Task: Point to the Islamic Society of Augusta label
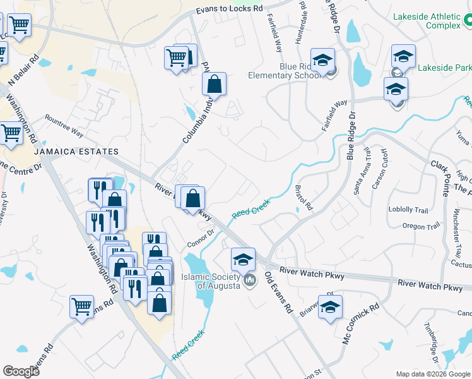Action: coord(210,280)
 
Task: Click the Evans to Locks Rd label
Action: coord(229,9)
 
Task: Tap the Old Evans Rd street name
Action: coord(278,292)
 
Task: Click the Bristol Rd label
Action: coord(304,198)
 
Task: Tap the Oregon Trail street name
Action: coord(422,227)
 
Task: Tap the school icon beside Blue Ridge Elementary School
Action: coord(322,61)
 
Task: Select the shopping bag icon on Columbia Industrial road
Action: coord(214,83)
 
